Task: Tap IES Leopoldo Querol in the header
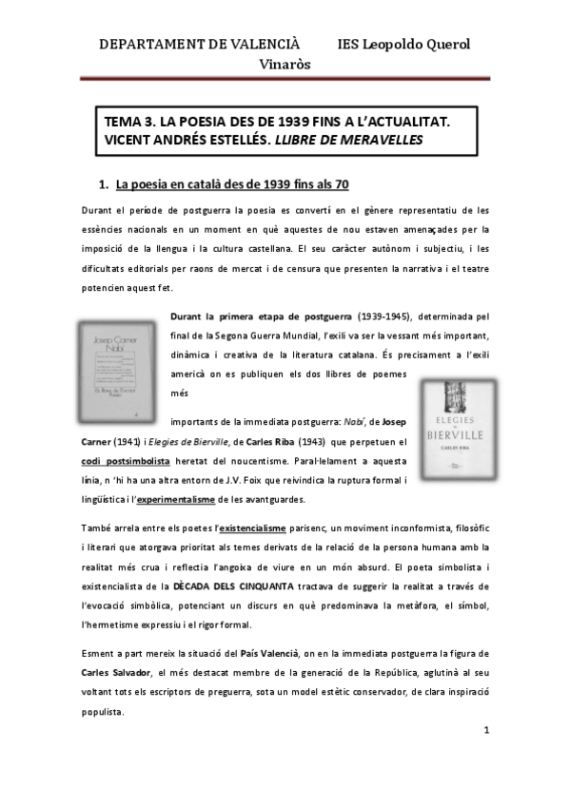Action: tap(404, 44)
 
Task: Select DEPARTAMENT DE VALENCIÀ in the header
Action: tap(199, 44)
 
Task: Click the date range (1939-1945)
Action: tap(385, 317)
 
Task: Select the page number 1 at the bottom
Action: tap(486, 730)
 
